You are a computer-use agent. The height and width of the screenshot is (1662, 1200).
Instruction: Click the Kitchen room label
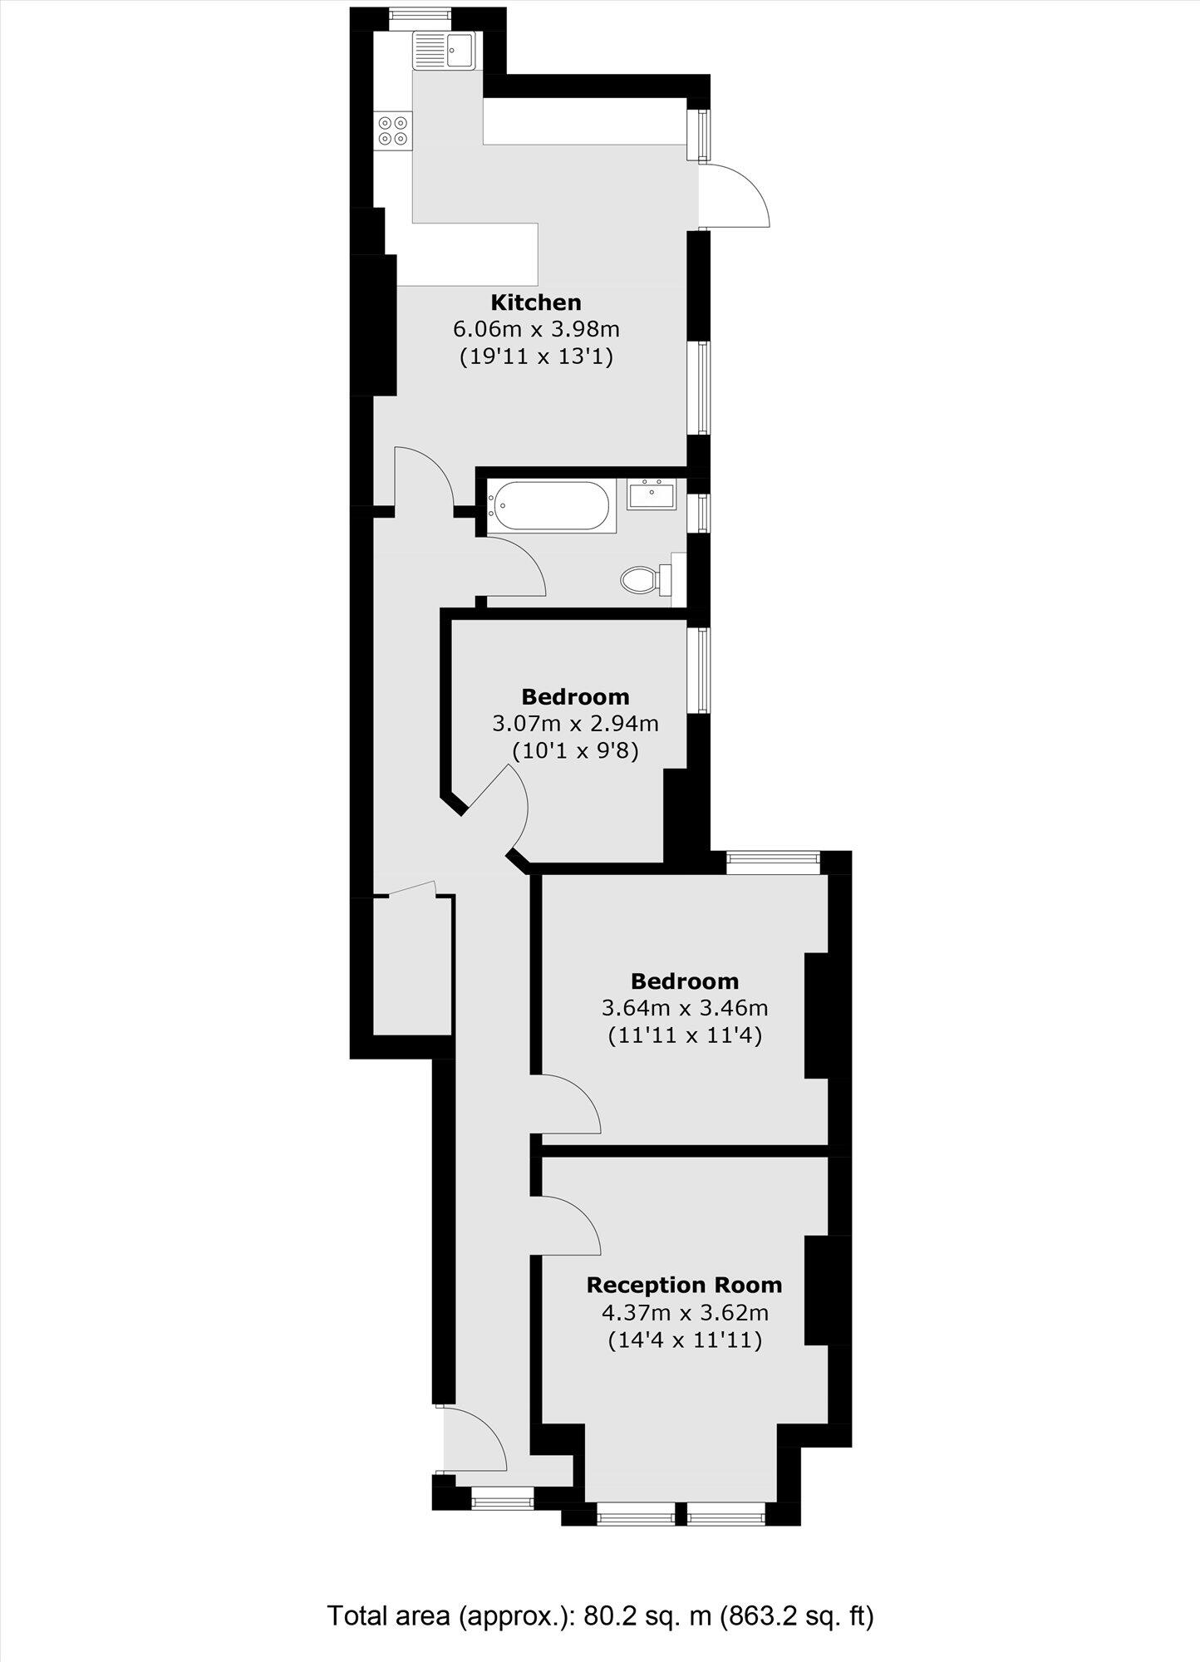coord(535,302)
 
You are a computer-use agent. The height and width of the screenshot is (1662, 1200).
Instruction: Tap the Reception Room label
coord(684,1285)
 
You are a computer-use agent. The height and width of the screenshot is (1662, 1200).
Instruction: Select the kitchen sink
coord(443,49)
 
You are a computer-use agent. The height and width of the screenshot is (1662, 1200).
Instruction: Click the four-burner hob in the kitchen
coord(393,130)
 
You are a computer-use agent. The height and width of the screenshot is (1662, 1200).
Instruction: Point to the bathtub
coord(551,506)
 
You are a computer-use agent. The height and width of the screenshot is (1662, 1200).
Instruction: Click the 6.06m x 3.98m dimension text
coord(535,330)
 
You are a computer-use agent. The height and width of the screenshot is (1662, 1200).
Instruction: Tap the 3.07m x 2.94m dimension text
coord(575,723)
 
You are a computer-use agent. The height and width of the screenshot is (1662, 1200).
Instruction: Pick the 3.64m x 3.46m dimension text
coord(684,1009)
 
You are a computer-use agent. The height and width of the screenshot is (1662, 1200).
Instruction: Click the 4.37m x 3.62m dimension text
coord(684,1313)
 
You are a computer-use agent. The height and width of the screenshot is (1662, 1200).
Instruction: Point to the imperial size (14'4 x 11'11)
coord(684,1340)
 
